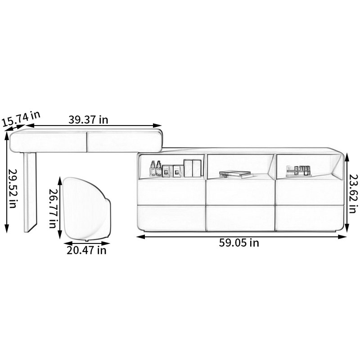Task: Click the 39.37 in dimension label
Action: click(88, 120)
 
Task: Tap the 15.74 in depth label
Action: click(21, 119)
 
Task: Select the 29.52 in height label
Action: click(13, 189)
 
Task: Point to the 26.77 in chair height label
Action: click(53, 208)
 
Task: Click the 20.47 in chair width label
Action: click(86, 250)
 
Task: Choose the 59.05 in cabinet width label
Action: click(239, 243)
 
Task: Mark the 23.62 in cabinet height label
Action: click(354, 194)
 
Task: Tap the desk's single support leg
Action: click(30, 192)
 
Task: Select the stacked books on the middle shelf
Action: click(235, 174)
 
